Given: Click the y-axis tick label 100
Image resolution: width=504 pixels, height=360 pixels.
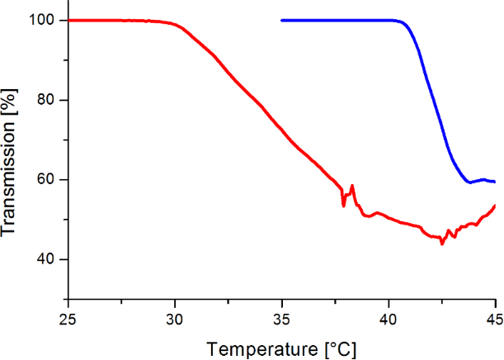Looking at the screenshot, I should tap(42, 20).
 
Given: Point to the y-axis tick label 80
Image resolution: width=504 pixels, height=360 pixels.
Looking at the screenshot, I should tap(46, 100).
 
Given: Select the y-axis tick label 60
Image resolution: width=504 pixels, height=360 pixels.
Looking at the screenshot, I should tap(46, 180).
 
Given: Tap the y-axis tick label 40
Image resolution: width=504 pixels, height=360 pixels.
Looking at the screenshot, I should tap(46, 259).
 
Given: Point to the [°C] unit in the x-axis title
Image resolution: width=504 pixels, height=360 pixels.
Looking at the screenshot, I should tap(338, 348).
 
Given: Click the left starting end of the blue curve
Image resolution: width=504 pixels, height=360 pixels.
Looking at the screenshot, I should tap(281, 20).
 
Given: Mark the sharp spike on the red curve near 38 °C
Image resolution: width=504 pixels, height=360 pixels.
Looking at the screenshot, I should tap(352, 186).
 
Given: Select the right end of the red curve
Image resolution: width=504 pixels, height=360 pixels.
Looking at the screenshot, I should tap(495, 205).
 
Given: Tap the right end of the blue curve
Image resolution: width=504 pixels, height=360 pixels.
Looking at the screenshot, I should tap(494, 182).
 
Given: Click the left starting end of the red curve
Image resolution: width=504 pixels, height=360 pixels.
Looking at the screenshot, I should tap(68, 20).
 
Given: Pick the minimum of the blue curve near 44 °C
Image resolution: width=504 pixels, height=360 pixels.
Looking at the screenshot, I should tap(469, 182).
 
